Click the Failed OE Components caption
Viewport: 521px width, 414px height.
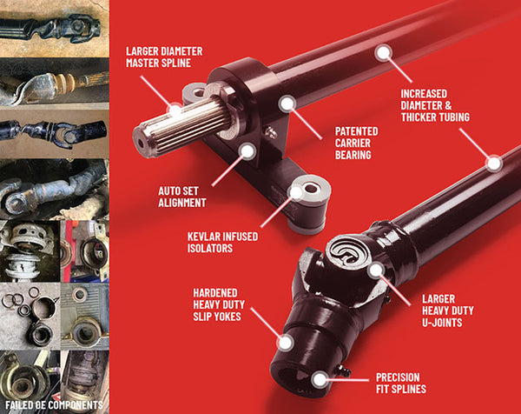pos(53,405)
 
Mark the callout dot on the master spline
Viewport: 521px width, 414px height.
pos(175,110)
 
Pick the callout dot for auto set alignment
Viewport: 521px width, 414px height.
pos(248,151)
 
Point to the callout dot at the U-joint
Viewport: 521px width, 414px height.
pos(375,270)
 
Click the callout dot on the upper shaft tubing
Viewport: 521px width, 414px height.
pos(383,52)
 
